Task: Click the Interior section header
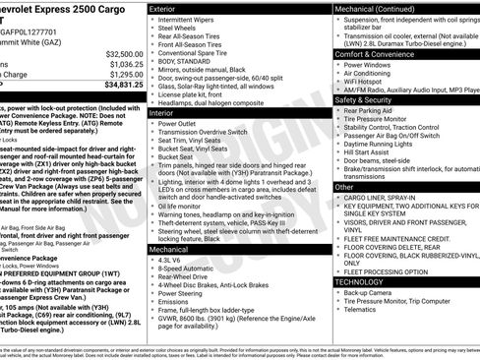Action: (164, 113)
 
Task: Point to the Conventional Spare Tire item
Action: (198, 53)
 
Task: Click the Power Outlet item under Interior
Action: (182, 125)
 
